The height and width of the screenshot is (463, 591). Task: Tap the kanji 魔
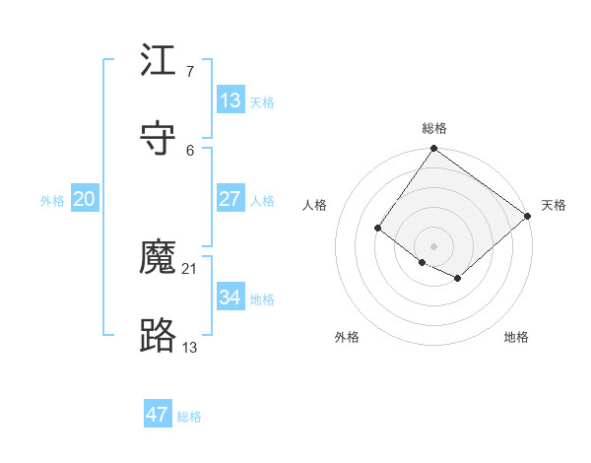pyautogui.click(x=159, y=258)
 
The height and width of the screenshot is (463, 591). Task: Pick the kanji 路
pyautogui.click(x=159, y=336)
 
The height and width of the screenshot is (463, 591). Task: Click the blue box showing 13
pyautogui.click(x=230, y=100)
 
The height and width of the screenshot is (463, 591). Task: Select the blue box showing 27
pyautogui.click(x=230, y=199)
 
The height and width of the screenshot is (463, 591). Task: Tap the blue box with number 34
pyautogui.click(x=230, y=297)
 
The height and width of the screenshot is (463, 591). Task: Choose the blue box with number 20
pyautogui.click(x=84, y=199)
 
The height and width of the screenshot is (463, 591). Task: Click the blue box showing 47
pyautogui.click(x=157, y=415)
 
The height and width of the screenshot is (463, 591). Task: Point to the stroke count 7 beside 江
pyautogui.click(x=189, y=72)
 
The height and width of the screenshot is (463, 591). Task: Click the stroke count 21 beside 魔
pyautogui.click(x=191, y=268)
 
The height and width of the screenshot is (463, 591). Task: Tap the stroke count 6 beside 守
pyautogui.click(x=189, y=150)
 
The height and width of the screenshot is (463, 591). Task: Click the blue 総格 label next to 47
pyautogui.click(x=189, y=417)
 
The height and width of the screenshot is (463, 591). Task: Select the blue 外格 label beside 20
pyautogui.click(x=52, y=201)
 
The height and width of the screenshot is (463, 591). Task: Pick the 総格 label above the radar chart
pyautogui.click(x=434, y=128)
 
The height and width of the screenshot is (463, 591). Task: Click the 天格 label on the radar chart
pyautogui.click(x=554, y=205)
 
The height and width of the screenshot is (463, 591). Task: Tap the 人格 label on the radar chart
pyautogui.click(x=315, y=205)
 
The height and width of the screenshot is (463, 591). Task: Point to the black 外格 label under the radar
pyautogui.click(x=347, y=337)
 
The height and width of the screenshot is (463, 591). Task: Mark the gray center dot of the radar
pyautogui.click(x=434, y=245)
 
